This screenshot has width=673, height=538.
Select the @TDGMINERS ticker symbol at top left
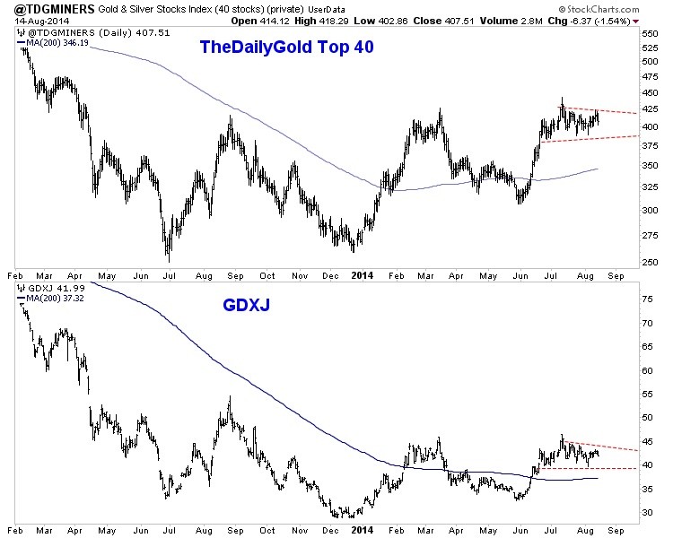pyautogui.click(x=45, y=8)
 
